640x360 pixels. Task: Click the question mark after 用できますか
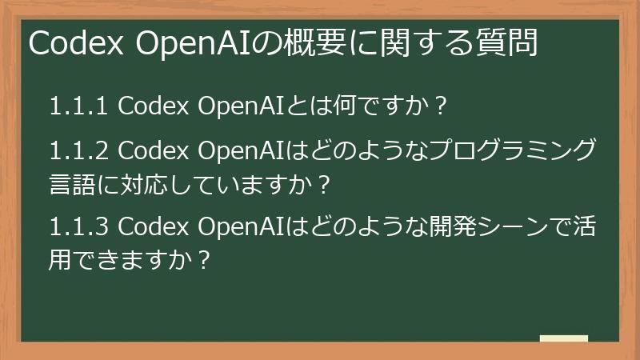click(x=205, y=262)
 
